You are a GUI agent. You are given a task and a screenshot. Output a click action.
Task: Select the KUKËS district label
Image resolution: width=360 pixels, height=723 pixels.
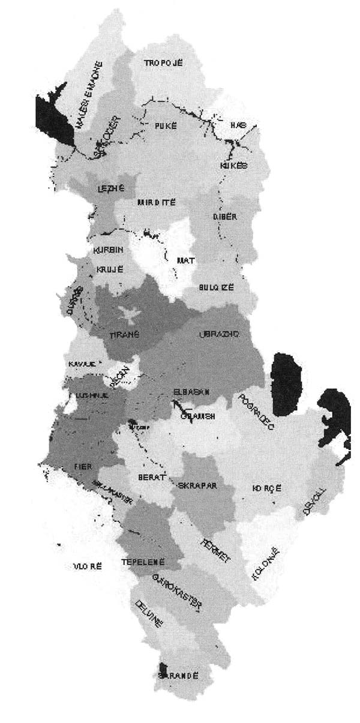234,165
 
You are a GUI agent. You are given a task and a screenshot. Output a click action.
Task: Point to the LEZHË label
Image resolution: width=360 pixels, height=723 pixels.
110,189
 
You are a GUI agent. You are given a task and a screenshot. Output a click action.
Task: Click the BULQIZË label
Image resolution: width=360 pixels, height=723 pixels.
217,287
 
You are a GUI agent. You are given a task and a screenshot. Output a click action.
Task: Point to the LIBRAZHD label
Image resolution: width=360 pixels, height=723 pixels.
218,334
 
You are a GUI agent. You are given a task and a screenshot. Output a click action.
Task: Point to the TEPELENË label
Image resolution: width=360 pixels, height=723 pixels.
142,562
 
